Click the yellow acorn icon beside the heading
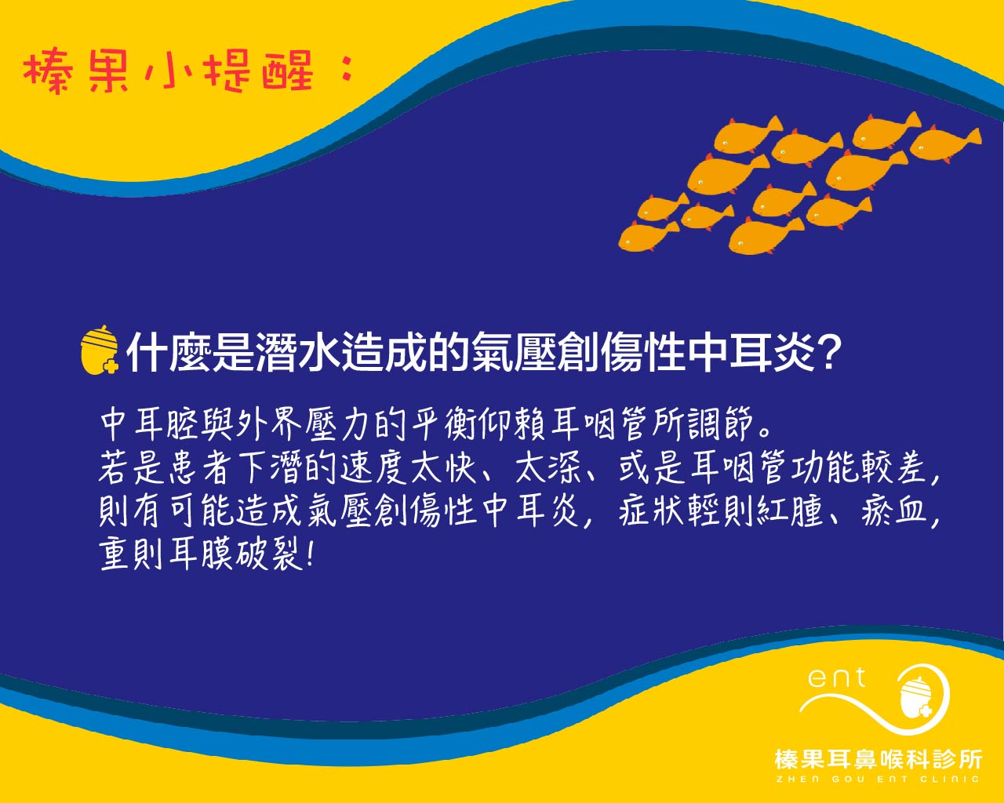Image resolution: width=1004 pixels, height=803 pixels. coord(100,350)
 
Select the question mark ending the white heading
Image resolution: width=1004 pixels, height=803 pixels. coord(829,353)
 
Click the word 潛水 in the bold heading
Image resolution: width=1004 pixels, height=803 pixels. coord(298,353)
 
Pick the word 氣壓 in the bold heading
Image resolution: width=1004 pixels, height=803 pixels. coord(515,353)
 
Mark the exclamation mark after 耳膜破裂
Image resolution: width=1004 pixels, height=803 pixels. coord(311,555)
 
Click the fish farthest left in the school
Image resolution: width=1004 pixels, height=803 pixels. coord(649,236)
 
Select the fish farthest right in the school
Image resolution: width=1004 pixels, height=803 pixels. coord(945,144)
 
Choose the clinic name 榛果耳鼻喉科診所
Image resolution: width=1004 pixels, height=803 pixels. coord(878,760)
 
